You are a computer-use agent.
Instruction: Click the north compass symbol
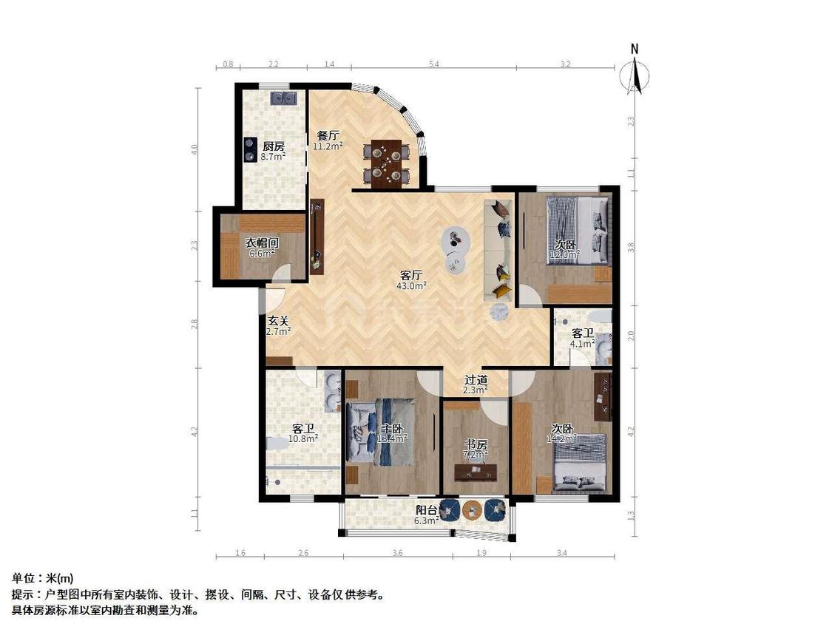point(635,73)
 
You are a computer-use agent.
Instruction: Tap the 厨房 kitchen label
point(273,146)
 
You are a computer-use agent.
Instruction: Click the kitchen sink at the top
point(283,98)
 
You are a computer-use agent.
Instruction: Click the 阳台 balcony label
point(426,509)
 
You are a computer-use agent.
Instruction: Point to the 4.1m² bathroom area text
point(583,343)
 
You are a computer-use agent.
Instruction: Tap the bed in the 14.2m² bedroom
point(580,462)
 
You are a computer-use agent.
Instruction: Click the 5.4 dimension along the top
point(433,65)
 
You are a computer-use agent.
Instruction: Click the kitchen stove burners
point(248,150)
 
